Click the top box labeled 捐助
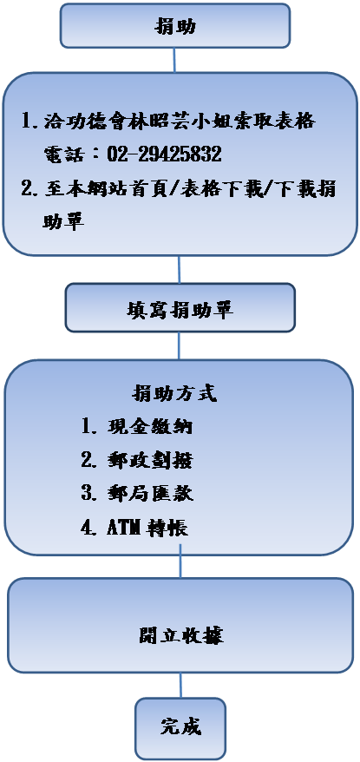[175, 25]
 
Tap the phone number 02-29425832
[164, 154]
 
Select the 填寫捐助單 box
[180, 307]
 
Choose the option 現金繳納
[150, 426]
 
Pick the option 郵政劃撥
[150, 460]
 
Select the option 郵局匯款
[150, 494]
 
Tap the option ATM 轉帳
[147, 528]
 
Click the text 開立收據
[180, 635]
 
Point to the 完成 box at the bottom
[180, 728]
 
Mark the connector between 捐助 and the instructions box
[174, 60]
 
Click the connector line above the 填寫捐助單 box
[180, 269]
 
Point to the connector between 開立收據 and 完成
[180, 686]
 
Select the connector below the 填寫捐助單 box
[179, 346]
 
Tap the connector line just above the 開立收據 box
[180, 561]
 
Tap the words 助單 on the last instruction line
[63, 222]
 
